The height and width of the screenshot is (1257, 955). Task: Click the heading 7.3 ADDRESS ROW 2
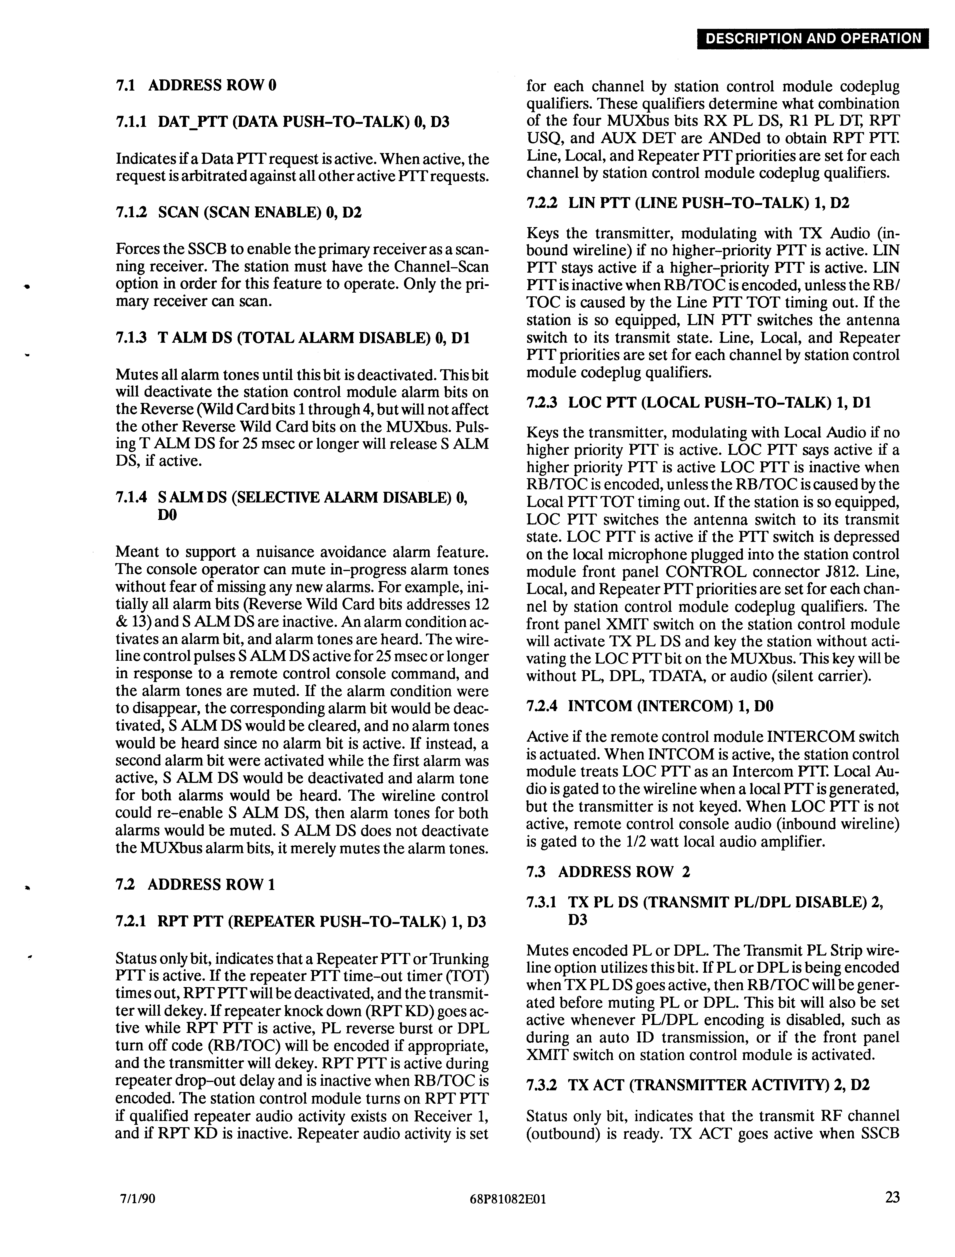click(608, 872)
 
